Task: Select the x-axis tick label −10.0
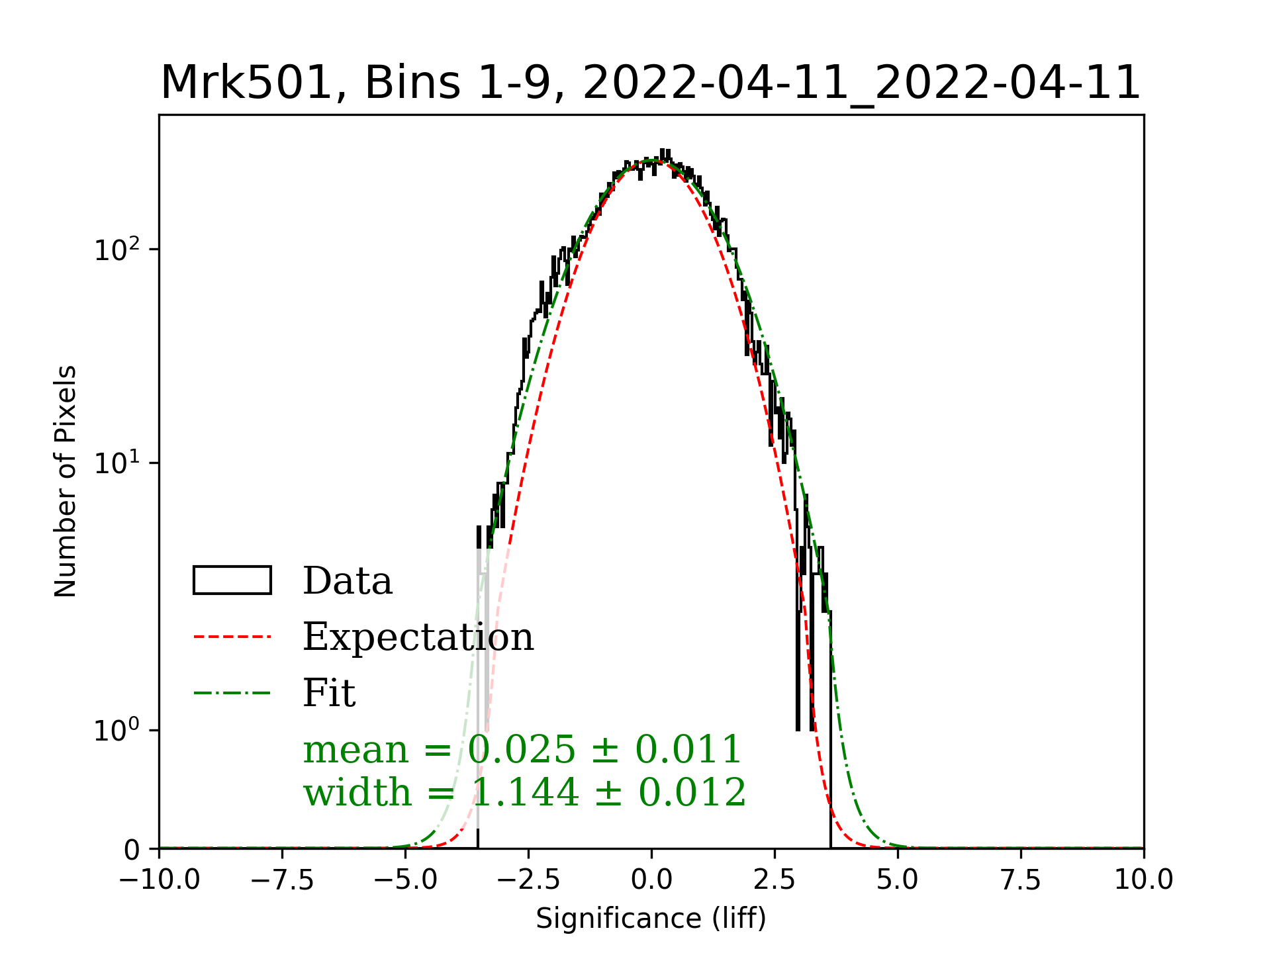160,880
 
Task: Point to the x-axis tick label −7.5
283,880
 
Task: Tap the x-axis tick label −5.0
405,880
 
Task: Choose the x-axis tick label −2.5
528,880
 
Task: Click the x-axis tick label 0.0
651,880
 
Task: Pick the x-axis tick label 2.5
775,880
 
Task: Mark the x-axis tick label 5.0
898,880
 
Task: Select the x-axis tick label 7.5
1021,880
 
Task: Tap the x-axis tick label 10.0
1143,880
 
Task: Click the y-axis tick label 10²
117,250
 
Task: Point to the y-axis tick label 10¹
117,463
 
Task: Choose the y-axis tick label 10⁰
117,731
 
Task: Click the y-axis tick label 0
132,850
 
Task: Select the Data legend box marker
232,580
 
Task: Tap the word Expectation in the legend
418,637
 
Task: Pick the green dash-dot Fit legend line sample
232,693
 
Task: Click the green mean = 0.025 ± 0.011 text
522,750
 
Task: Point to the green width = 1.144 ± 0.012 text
524,792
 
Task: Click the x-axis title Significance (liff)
651,919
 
